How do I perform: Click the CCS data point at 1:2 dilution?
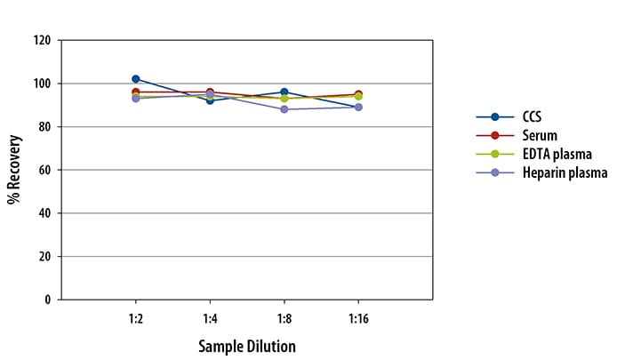click(135, 79)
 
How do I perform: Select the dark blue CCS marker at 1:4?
click(210, 100)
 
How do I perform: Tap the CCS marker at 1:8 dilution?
click(284, 92)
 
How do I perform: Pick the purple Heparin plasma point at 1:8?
click(284, 109)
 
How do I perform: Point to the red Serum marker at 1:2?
click(135, 92)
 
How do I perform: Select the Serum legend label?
click(541, 135)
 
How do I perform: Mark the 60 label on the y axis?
click(43, 170)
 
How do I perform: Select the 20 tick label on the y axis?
click(43, 256)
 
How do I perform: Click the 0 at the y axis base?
click(46, 300)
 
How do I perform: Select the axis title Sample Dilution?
click(246, 345)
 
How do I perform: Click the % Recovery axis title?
click(14, 170)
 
